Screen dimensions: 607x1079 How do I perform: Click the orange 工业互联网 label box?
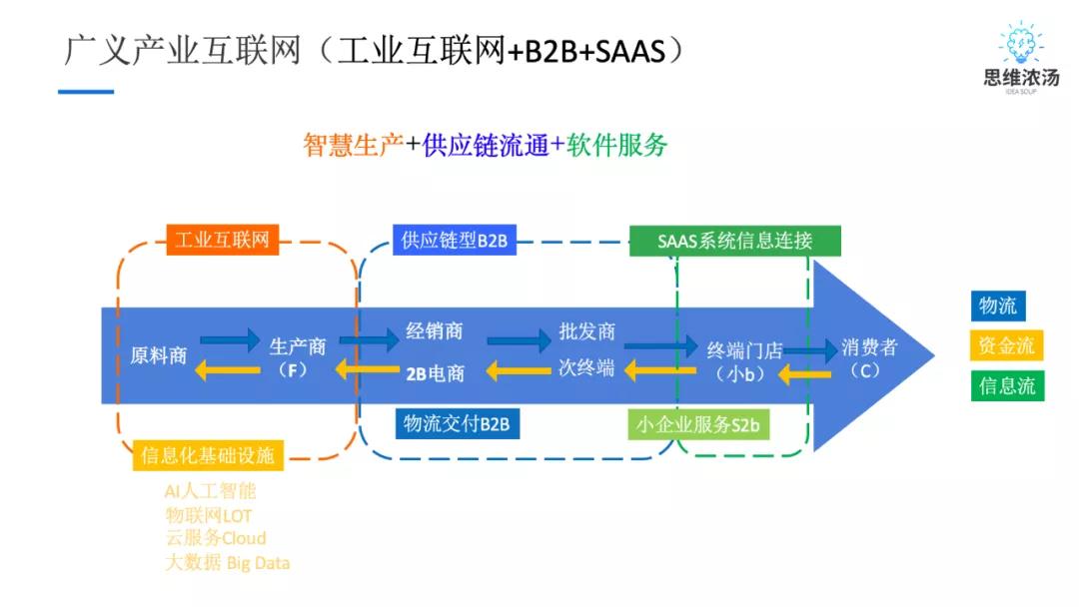pyautogui.click(x=222, y=240)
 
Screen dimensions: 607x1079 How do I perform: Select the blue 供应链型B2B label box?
pyautogui.click(x=455, y=240)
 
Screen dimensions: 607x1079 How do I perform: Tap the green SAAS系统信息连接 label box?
pyautogui.click(x=734, y=241)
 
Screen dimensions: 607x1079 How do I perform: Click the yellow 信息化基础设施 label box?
pyautogui.click(x=208, y=455)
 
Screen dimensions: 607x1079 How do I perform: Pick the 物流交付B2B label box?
pyautogui.click(x=457, y=423)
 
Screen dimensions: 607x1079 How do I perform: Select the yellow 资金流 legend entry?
pyautogui.click(x=1006, y=345)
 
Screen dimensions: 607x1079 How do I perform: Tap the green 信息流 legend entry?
pyautogui.click(x=1006, y=385)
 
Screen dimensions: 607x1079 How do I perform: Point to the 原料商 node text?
pyautogui.click(x=159, y=355)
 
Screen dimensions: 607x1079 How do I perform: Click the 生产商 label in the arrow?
pyautogui.click(x=298, y=346)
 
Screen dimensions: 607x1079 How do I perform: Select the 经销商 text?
pyautogui.click(x=435, y=331)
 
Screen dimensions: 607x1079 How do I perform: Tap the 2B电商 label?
pyautogui.click(x=435, y=373)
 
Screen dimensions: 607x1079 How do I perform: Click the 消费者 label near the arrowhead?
pyautogui.click(x=868, y=347)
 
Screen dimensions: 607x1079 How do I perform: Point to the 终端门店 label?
pyautogui.click(x=744, y=350)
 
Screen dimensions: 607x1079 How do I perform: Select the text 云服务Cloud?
pyautogui.click(x=216, y=538)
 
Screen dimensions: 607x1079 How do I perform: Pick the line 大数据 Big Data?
pyautogui.click(x=227, y=562)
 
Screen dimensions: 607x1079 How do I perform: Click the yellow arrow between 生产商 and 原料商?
pyautogui.click(x=227, y=371)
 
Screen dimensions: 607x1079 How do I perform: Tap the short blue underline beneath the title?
pyautogui.click(x=86, y=92)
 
